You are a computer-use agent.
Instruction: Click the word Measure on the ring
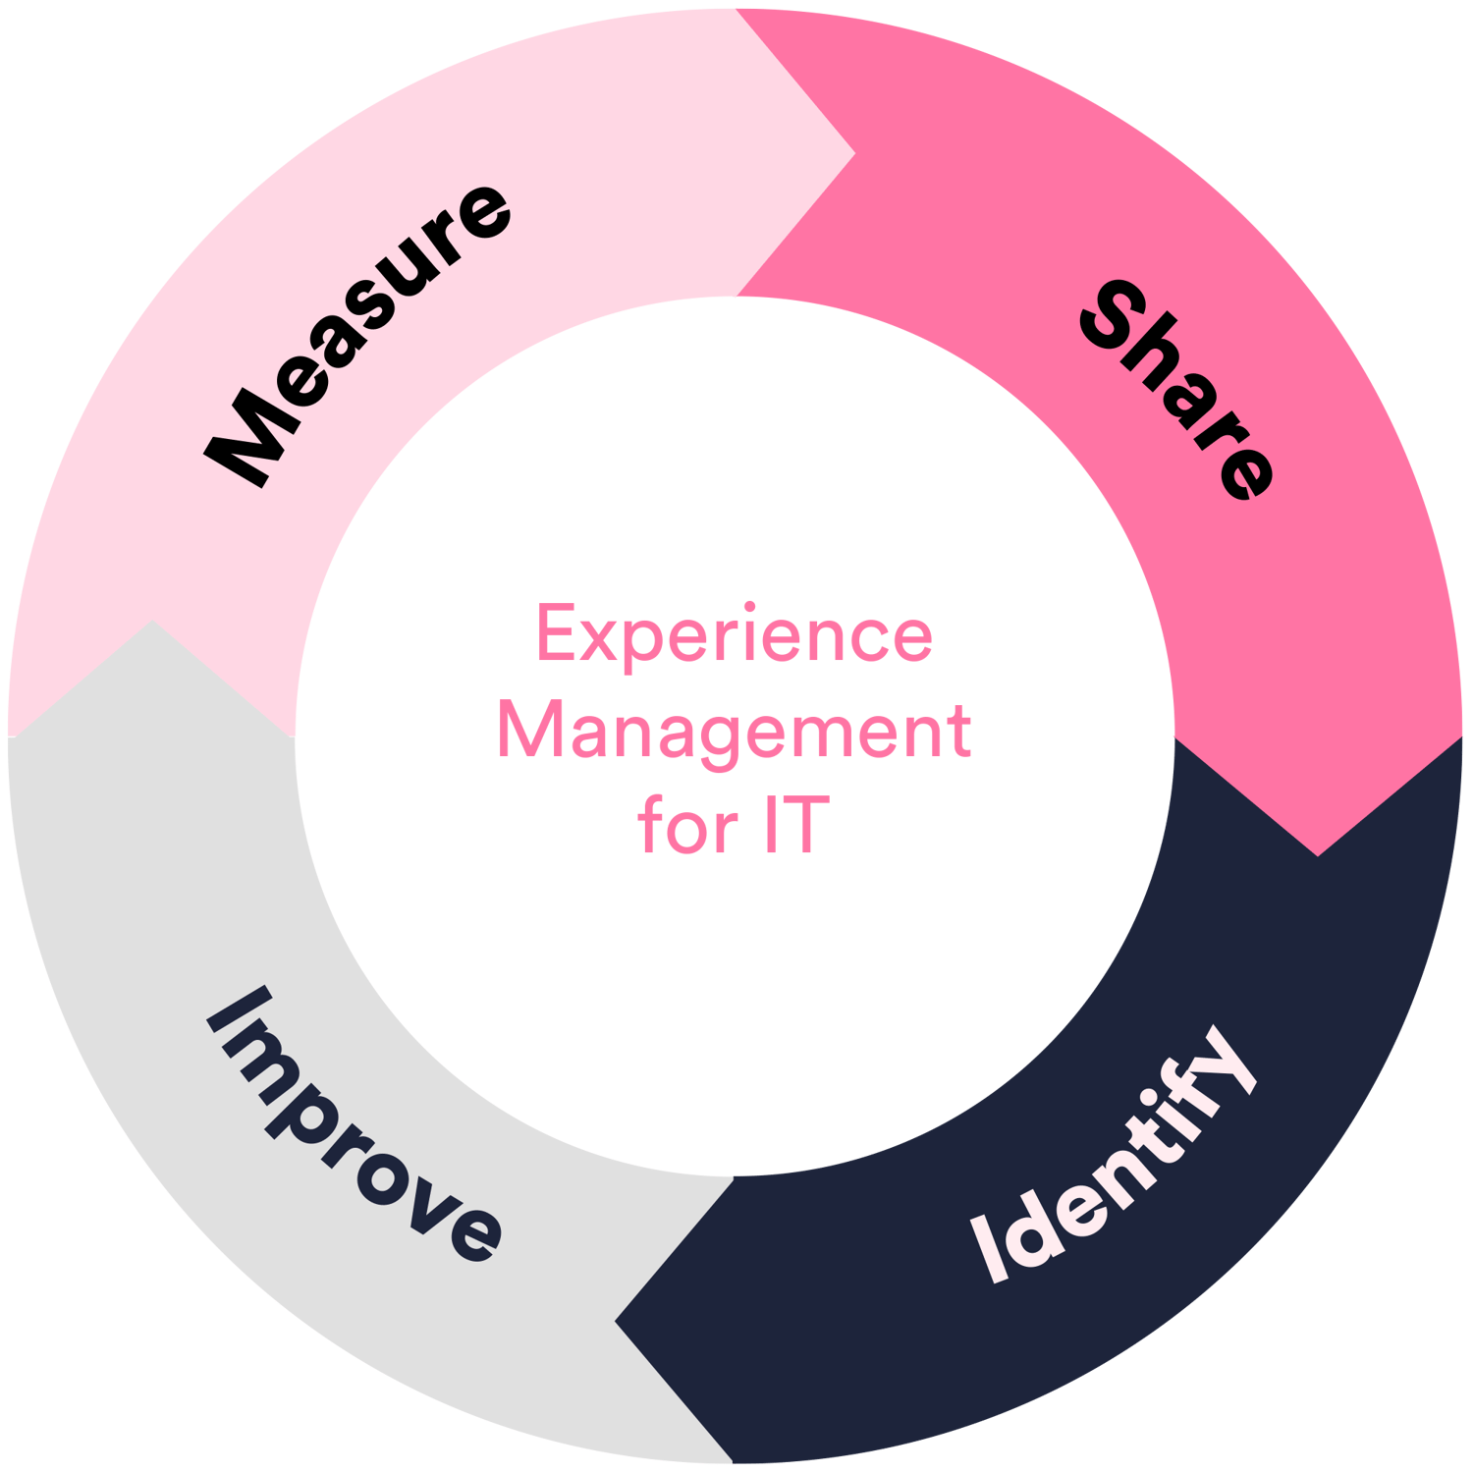(358, 334)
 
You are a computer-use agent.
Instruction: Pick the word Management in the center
(735, 732)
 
